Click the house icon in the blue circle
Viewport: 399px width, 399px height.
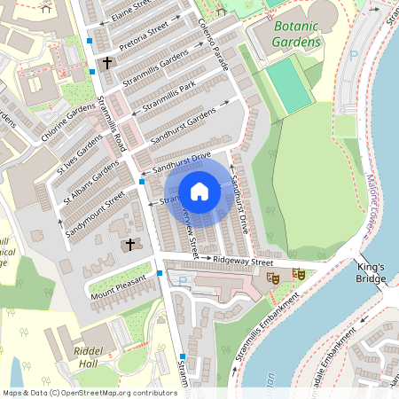coord(199,191)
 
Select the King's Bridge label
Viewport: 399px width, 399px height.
coord(372,273)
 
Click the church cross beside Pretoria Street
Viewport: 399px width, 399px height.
coord(108,63)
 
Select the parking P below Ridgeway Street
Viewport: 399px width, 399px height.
coord(184,281)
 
